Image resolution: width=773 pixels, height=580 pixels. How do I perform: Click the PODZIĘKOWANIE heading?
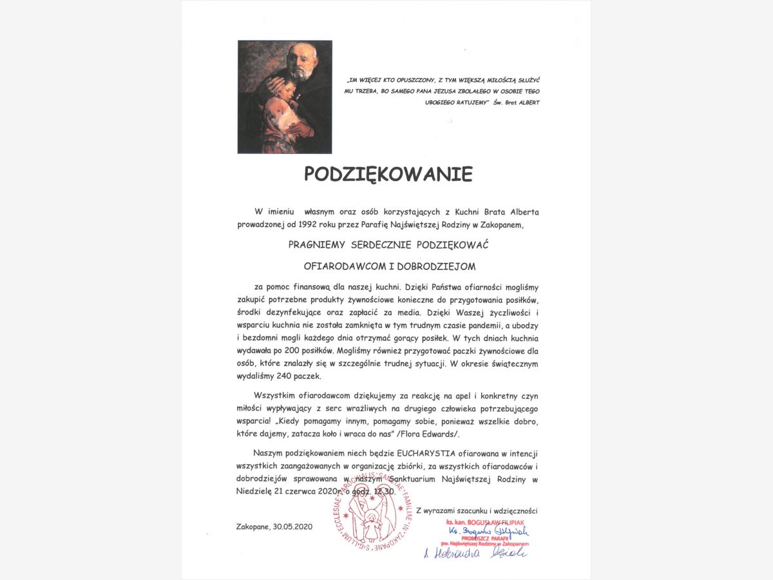tap(388, 175)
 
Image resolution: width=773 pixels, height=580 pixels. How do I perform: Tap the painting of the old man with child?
tap(285, 97)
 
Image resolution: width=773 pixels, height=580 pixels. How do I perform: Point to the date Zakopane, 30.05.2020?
tap(274, 527)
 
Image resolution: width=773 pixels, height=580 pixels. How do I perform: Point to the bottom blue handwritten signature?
tap(475, 553)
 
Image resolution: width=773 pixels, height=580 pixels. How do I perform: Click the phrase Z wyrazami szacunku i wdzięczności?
tap(477, 510)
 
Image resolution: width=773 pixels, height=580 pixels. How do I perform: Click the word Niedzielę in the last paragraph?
tap(260, 491)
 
